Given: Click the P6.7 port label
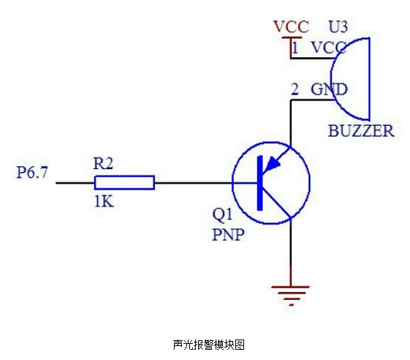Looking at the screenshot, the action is pyautogui.click(x=32, y=173).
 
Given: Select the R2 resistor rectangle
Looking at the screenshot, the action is pyautogui.click(x=124, y=182).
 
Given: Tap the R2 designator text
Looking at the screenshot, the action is pyautogui.click(x=103, y=163).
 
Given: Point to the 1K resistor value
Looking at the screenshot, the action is pyautogui.click(x=104, y=202).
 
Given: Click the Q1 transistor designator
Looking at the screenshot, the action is pyautogui.click(x=222, y=214).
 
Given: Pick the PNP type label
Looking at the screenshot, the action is pyautogui.click(x=228, y=234).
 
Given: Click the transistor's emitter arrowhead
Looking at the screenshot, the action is pyautogui.click(x=272, y=164).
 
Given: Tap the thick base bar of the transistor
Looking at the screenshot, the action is pyautogui.click(x=260, y=183).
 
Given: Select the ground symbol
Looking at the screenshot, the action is pyautogui.click(x=290, y=296).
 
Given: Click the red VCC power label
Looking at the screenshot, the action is pyautogui.click(x=291, y=26).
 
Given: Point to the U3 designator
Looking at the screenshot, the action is pyautogui.click(x=338, y=26).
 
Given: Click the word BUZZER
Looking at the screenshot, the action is pyautogui.click(x=361, y=131).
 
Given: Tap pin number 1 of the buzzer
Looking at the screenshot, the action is pyautogui.click(x=295, y=48).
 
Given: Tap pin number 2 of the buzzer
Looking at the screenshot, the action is pyautogui.click(x=295, y=89).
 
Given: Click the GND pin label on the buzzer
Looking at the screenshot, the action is pyautogui.click(x=329, y=89).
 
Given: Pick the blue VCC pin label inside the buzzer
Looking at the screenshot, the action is pyautogui.click(x=329, y=48).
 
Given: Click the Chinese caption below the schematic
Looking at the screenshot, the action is pyautogui.click(x=209, y=345).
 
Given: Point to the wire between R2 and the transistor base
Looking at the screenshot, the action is pyautogui.click(x=193, y=183).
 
